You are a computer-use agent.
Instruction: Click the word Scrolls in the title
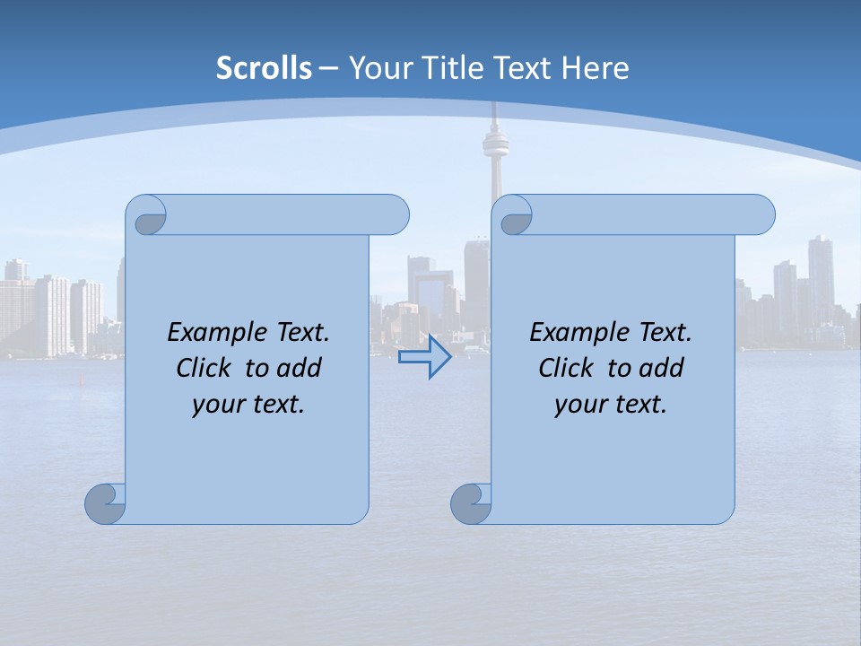[x=265, y=68]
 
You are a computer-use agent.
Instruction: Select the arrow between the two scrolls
[x=424, y=356]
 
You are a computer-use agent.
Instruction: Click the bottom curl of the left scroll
[x=105, y=503]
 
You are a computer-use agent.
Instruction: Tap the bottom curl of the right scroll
[x=471, y=503]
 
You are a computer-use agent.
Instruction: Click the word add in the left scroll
[x=299, y=368]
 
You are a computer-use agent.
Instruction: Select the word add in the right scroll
[x=661, y=368]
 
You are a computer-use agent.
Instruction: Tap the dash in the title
[x=328, y=66]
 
